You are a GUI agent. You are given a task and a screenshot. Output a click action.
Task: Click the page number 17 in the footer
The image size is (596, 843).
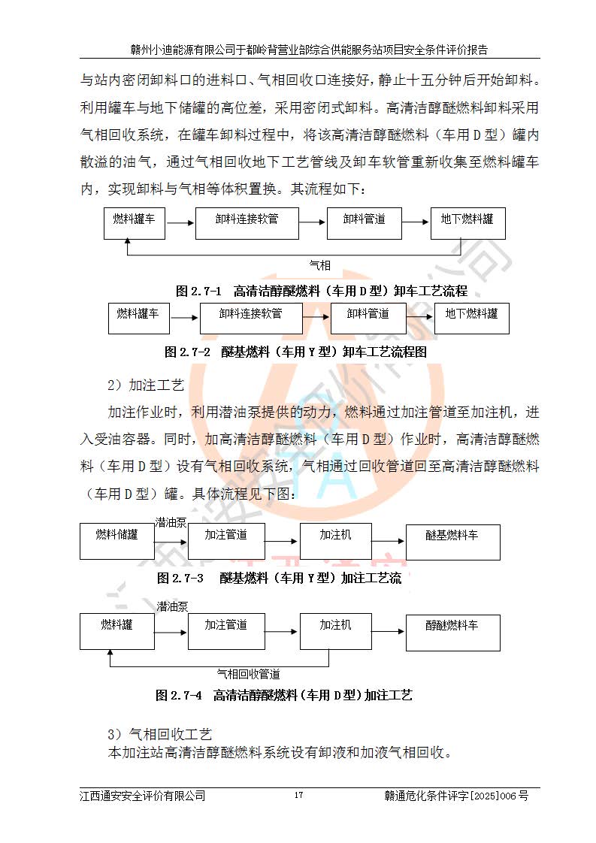click(298, 795)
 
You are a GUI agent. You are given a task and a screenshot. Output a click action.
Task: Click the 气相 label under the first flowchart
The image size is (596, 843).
click(320, 264)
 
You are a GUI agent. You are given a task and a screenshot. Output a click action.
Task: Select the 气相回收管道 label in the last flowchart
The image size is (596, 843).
click(249, 673)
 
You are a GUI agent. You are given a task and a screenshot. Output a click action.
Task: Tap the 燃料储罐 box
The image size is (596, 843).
click(116, 542)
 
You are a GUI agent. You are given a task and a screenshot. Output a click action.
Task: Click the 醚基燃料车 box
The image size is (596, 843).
click(452, 542)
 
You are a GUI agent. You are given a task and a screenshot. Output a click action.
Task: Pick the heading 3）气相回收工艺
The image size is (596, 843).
click(160, 733)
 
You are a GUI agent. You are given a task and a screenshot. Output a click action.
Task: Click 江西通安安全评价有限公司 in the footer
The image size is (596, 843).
click(143, 795)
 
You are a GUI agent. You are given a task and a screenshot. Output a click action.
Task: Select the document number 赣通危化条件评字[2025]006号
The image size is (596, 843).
click(456, 795)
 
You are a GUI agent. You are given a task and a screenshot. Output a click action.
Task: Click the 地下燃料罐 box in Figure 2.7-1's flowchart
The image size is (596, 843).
click(467, 224)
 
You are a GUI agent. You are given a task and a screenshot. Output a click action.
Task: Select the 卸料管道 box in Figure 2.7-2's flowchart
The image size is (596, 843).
click(368, 319)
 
